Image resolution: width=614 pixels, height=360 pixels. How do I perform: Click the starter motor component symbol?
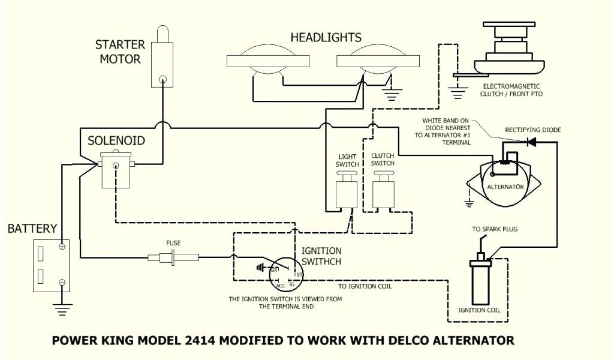pos(161,60)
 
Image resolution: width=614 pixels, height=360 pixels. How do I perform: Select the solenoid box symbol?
pos(115,172)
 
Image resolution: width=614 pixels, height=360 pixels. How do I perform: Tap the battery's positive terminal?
pos(62,247)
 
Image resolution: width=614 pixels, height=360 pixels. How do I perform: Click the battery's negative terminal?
pos(62,281)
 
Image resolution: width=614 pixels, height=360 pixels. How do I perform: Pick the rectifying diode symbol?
pos(530,142)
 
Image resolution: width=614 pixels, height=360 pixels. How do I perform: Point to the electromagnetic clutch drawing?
pos(510,51)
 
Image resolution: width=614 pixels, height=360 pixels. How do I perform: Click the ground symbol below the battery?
pos(62,308)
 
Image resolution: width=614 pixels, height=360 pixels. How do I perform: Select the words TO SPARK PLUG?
pos(495,229)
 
